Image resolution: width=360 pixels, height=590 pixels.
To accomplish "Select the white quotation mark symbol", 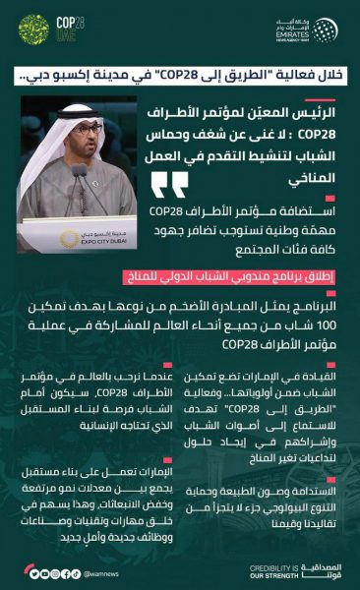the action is point(170,184).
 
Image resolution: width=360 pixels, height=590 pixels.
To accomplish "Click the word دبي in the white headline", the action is point(35,74).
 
